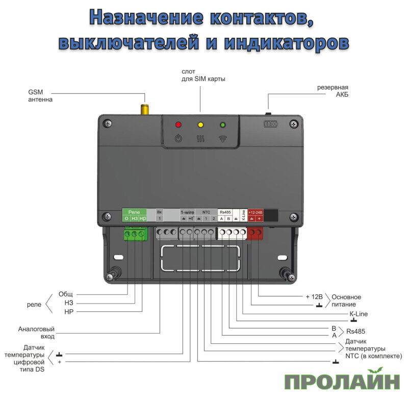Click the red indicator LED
178,125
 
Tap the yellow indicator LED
200,125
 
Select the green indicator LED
222,125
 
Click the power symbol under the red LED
178,138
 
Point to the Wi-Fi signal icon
222,138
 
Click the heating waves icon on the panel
200,138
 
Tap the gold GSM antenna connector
145,108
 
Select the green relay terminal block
134,234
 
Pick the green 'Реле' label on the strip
134,211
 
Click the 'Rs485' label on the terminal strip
225,211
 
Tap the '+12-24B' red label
255,211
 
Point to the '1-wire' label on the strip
187,211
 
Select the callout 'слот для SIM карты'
203,76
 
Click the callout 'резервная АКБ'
337,91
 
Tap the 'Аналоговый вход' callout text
36,333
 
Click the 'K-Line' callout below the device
358,314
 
